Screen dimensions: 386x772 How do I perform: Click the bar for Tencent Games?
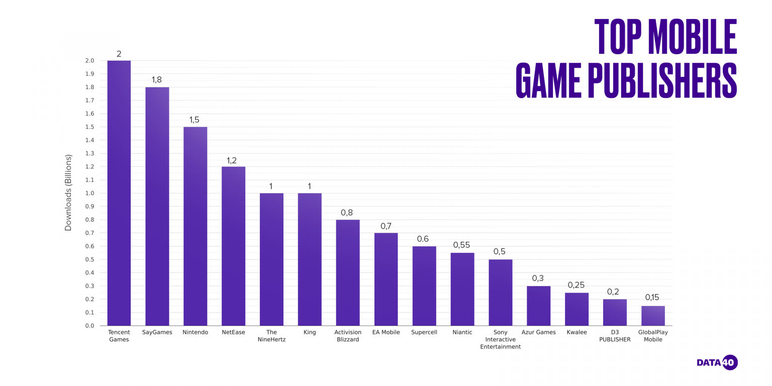click(x=119, y=193)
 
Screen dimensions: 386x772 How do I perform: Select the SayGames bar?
click(x=157, y=206)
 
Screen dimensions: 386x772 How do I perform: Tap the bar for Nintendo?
click(x=195, y=226)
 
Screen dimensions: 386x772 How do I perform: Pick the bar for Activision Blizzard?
click(x=348, y=272)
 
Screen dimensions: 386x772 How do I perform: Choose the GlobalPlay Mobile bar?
click(x=653, y=316)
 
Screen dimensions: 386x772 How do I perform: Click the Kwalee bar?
click(x=576, y=309)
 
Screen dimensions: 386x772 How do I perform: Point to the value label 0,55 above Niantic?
click(x=462, y=245)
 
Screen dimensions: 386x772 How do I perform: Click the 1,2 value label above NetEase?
click(x=232, y=160)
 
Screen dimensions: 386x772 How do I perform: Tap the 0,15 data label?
click(x=653, y=298)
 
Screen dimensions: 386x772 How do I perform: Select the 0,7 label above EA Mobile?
click(x=385, y=226)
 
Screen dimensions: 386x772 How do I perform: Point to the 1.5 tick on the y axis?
click(x=89, y=127)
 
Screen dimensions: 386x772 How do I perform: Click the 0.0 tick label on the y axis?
click(x=89, y=326)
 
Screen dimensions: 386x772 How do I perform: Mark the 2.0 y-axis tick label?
click(x=89, y=61)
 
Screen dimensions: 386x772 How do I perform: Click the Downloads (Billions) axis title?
click(x=69, y=192)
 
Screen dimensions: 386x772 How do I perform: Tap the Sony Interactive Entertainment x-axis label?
click(x=500, y=339)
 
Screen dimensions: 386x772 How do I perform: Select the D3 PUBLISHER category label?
click(x=615, y=336)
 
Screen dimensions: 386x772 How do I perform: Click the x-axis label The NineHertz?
click(x=271, y=336)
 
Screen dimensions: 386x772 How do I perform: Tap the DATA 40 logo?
click(x=717, y=362)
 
